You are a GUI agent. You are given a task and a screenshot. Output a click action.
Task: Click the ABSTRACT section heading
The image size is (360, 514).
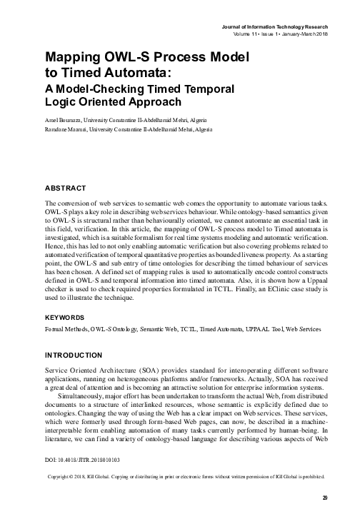tap(65, 188)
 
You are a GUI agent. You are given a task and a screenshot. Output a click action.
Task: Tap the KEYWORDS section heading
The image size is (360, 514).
tap(66, 316)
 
